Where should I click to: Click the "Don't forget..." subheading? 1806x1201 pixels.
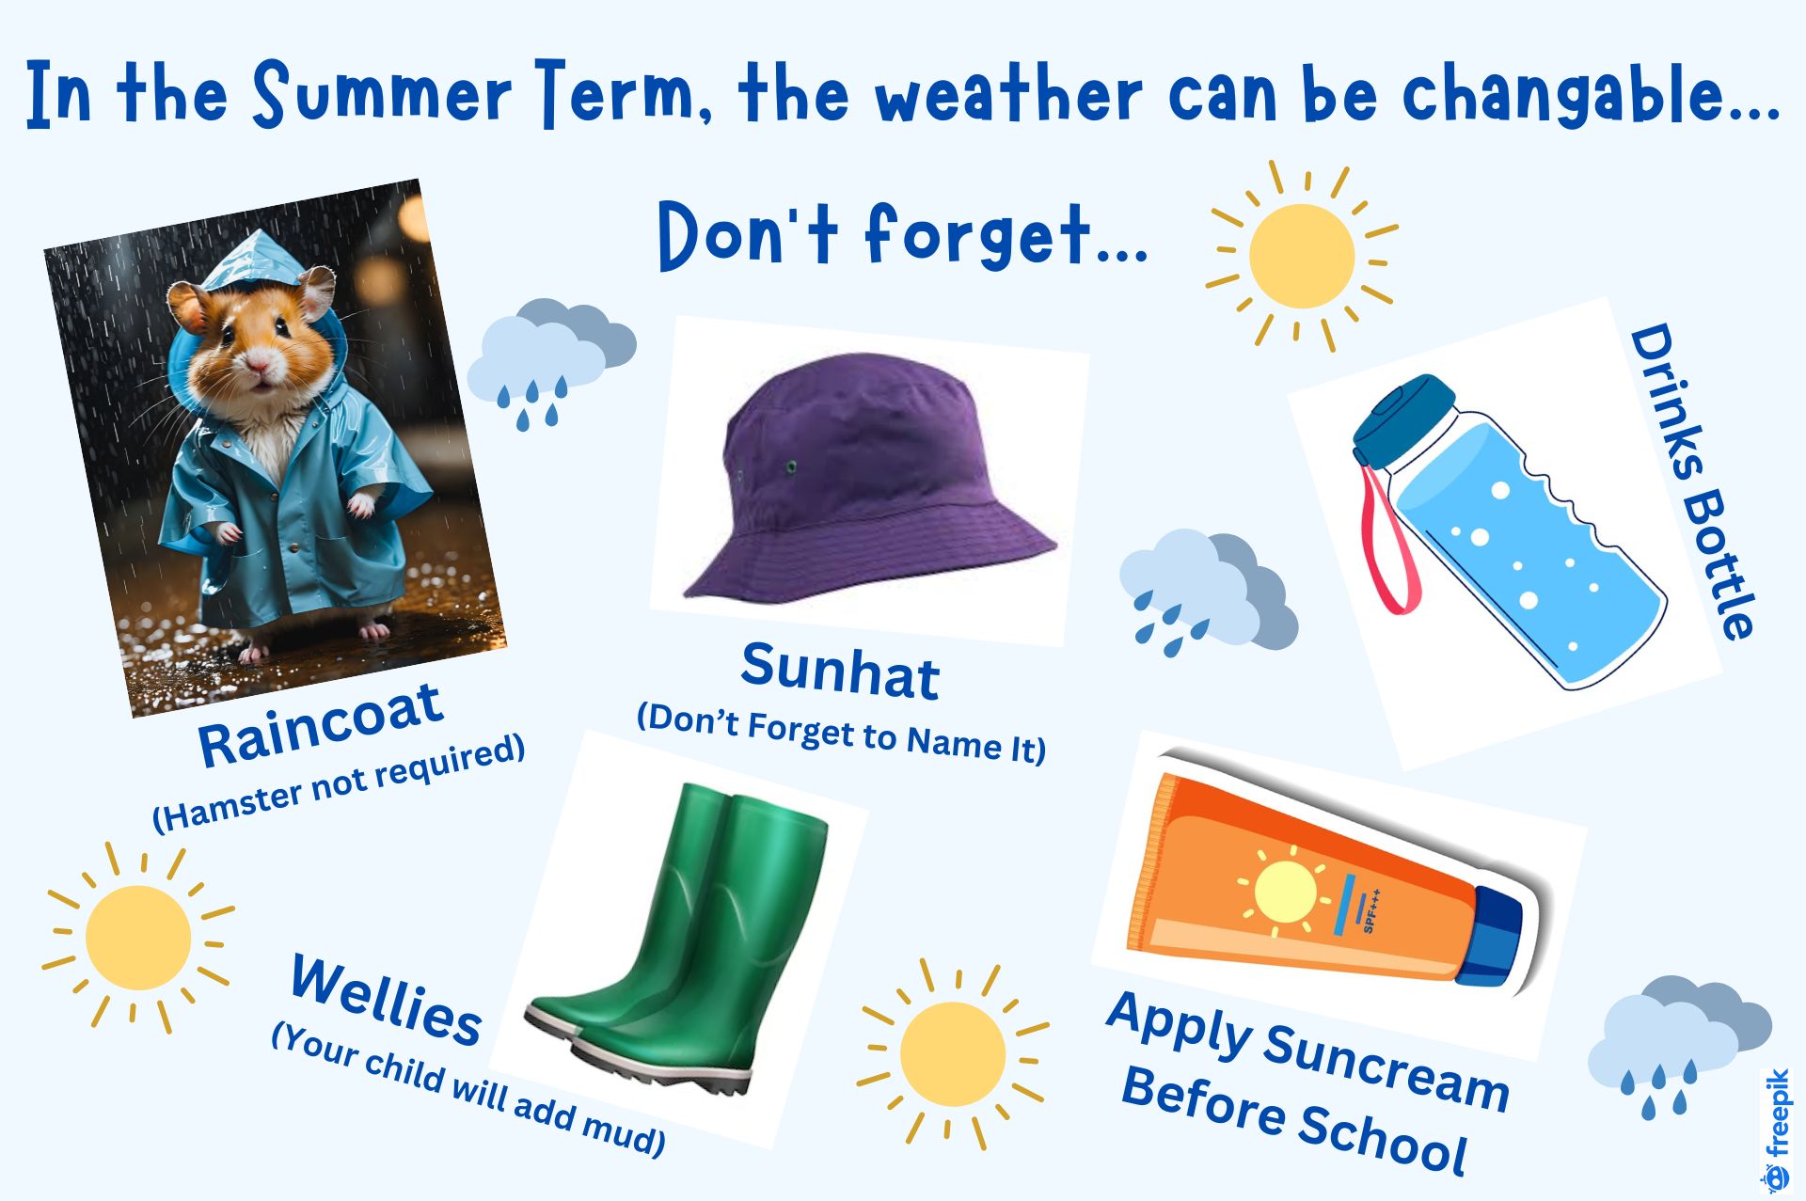click(902, 235)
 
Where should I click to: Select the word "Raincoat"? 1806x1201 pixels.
click(321, 724)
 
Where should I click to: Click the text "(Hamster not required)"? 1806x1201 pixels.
click(339, 782)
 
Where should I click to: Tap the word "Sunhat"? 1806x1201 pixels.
click(840, 670)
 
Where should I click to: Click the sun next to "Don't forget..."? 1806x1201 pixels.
click(1302, 256)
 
